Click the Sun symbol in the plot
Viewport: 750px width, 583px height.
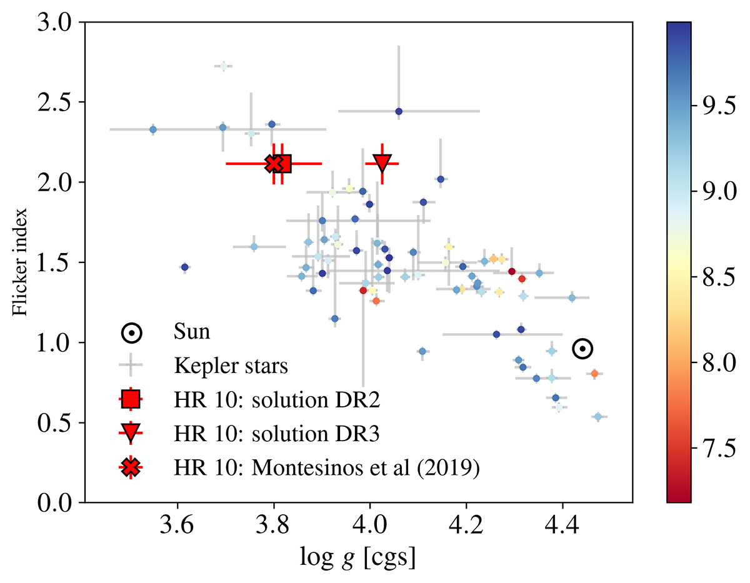[582, 349]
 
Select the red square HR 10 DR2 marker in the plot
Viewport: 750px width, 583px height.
[282, 164]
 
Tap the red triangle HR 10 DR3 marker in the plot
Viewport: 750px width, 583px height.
[382, 162]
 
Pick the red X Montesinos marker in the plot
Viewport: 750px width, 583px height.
[274, 164]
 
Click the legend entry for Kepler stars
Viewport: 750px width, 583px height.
[231, 365]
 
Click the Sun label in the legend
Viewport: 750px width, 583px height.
[192, 332]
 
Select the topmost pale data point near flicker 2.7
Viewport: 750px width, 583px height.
[223, 66]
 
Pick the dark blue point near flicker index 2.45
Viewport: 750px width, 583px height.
[399, 111]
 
